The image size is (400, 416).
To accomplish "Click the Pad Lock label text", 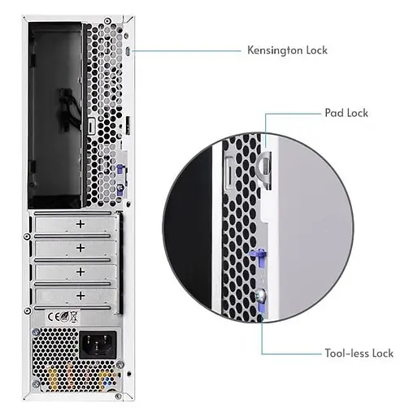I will (x=346, y=113).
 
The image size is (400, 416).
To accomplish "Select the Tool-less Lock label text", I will (x=359, y=353).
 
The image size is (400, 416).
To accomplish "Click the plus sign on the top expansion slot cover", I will (x=80, y=223).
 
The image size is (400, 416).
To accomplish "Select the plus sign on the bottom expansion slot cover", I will (x=80, y=294).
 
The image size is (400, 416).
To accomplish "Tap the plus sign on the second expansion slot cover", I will (x=80, y=247).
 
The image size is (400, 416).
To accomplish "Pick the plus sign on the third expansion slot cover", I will (x=80, y=271).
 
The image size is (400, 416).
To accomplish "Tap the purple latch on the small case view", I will (x=120, y=171).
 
